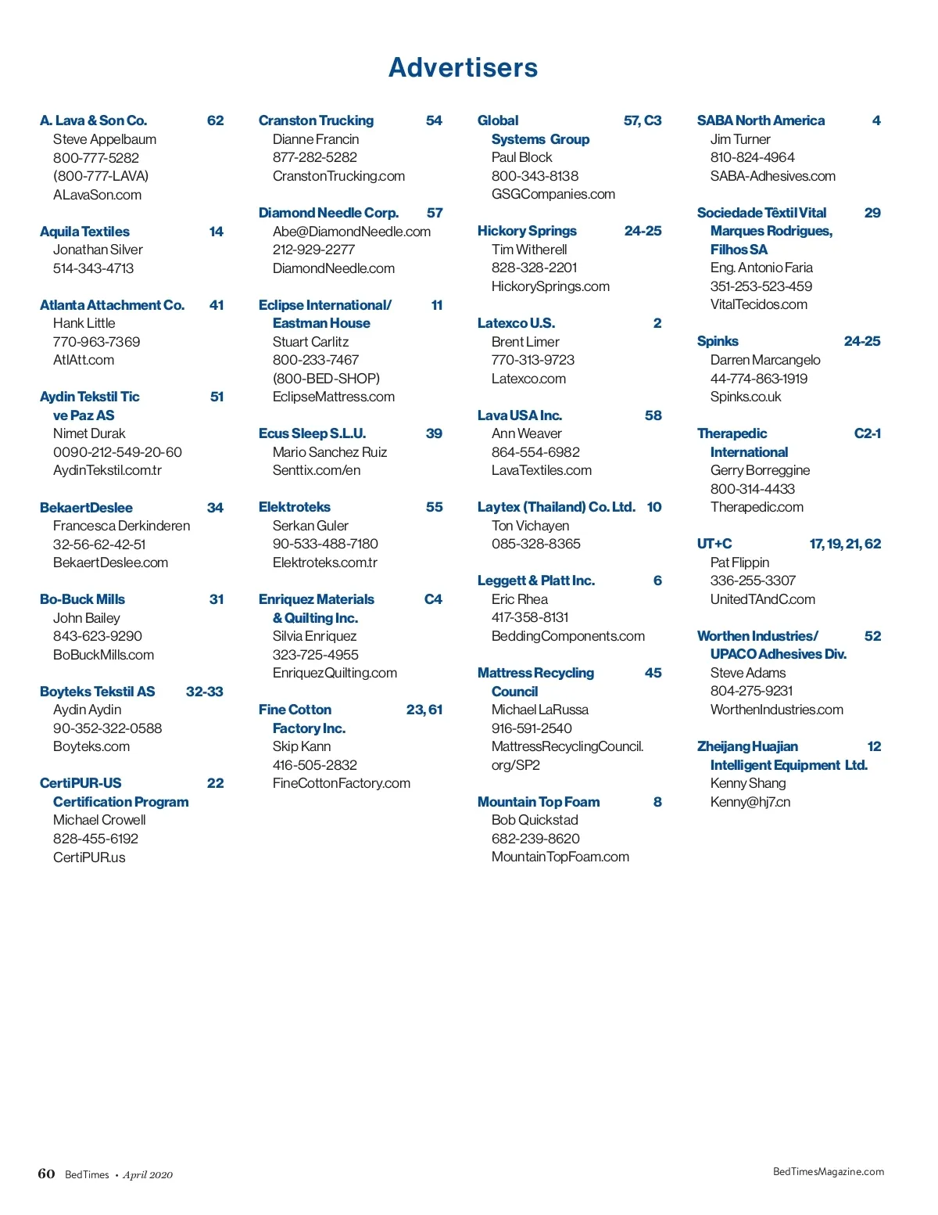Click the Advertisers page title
pyautogui.click(x=463, y=68)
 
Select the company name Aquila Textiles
pyautogui.click(x=84, y=232)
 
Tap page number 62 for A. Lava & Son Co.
pyautogui.click(x=215, y=120)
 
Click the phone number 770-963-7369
pyautogui.click(x=96, y=342)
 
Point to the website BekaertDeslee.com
pyautogui.click(x=110, y=563)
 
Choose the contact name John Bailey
pyautogui.click(x=86, y=618)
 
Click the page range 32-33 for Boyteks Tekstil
pyautogui.click(x=204, y=692)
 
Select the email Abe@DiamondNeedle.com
pyautogui.click(x=351, y=232)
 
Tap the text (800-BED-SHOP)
pyautogui.click(x=326, y=379)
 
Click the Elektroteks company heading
pyautogui.click(x=294, y=507)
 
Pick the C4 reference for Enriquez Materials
pyautogui.click(x=433, y=599)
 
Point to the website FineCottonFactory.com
pyautogui.click(x=341, y=783)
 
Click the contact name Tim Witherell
pyautogui.click(x=529, y=250)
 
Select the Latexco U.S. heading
pyautogui.click(x=516, y=323)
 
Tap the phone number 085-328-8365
pyautogui.click(x=535, y=544)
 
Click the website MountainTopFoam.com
pyautogui.click(x=560, y=857)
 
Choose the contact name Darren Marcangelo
pyautogui.click(x=764, y=360)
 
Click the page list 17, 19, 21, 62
pyautogui.click(x=845, y=544)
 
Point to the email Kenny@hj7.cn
pyautogui.click(x=750, y=802)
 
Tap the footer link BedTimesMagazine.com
pyautogui.click(x=828, y=1171)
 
